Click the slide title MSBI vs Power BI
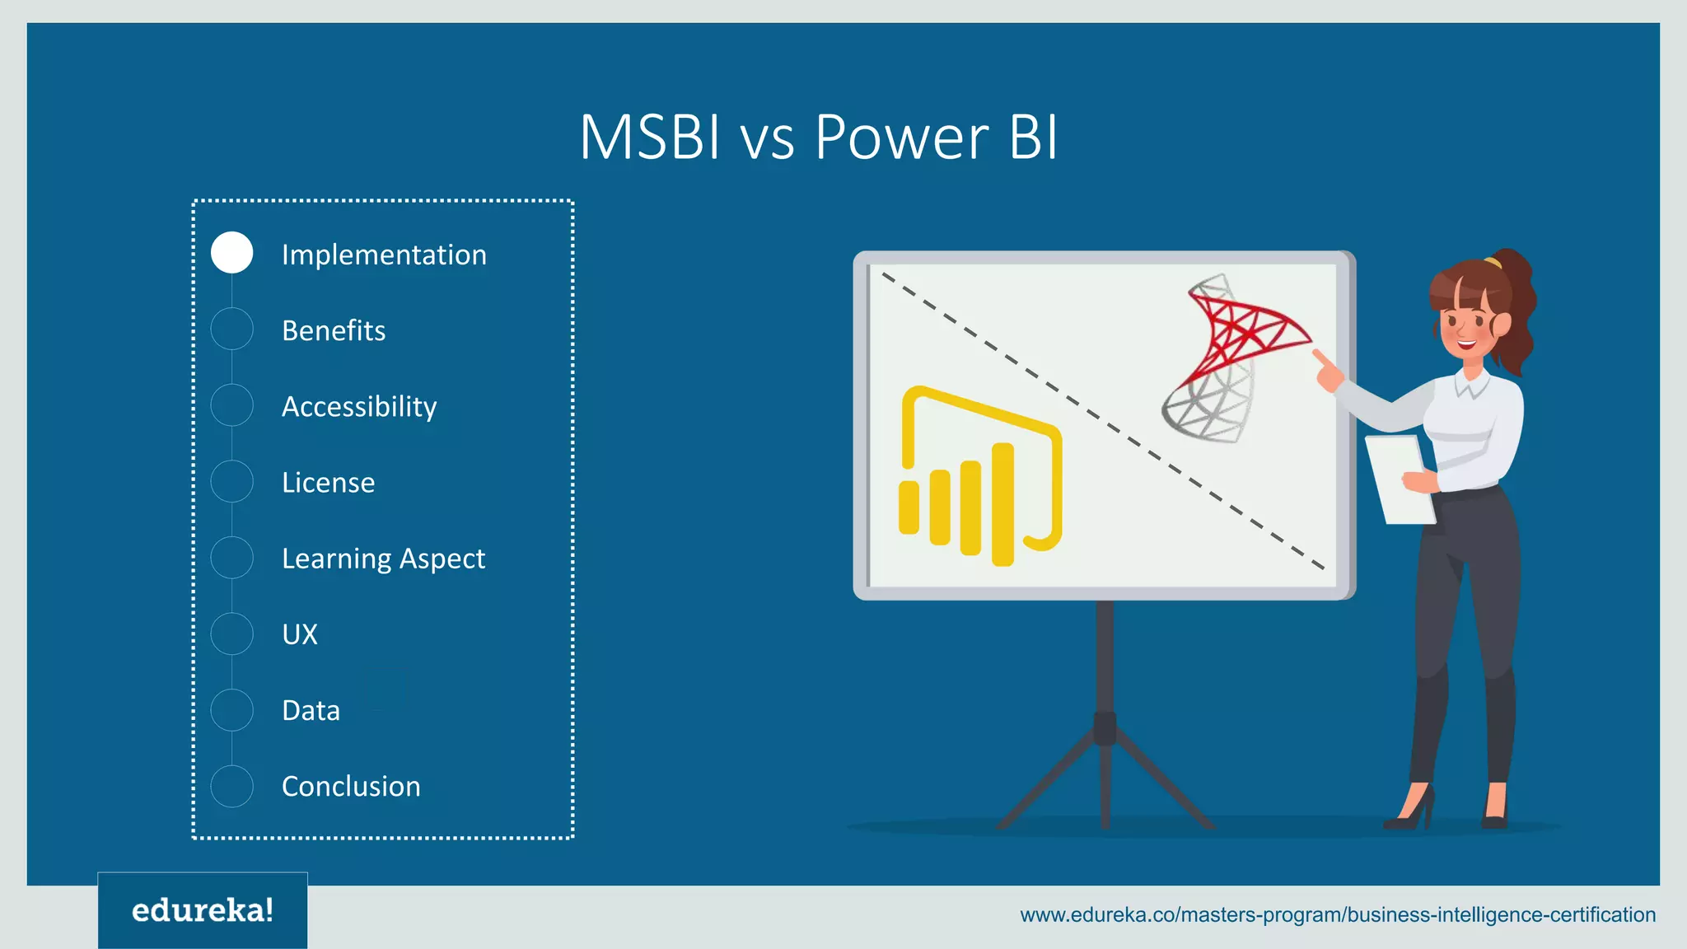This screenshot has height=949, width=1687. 818,137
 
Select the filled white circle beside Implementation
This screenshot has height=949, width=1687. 231,253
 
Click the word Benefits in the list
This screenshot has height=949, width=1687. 334,330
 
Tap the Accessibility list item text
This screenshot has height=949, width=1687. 359,406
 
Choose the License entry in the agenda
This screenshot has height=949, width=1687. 328,482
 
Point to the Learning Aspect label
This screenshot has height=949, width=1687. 383,559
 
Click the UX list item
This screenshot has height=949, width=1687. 300,634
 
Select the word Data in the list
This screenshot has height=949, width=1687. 311,710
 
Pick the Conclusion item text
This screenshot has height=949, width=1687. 351,786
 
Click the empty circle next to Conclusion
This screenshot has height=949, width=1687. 231,786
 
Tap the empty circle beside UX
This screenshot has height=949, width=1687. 231,633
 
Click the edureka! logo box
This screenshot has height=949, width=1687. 203,910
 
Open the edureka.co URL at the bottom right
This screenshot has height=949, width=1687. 1337,914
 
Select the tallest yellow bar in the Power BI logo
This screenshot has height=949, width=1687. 1002,504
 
